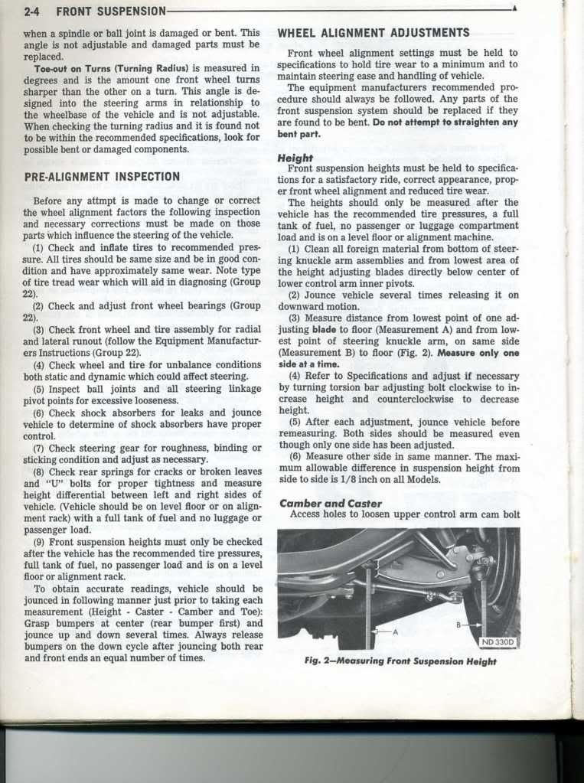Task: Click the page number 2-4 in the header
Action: click(x=37, y=11)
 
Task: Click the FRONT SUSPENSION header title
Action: click(x=111, y=11)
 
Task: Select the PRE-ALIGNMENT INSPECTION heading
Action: click(x=102, y=176)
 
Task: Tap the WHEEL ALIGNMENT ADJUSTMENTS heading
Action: click(x=374, y=33)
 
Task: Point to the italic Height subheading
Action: click(x=296, y=158)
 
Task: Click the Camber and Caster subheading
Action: click(x=331, y=503)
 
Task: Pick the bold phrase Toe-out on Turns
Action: click(x=72, y=68)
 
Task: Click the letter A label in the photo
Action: click(x=396, y=631)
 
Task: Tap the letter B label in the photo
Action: click(x=458, y=625)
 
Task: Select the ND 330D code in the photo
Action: click(x=498, y=641)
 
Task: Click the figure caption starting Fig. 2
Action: click(x=400, y=661)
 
